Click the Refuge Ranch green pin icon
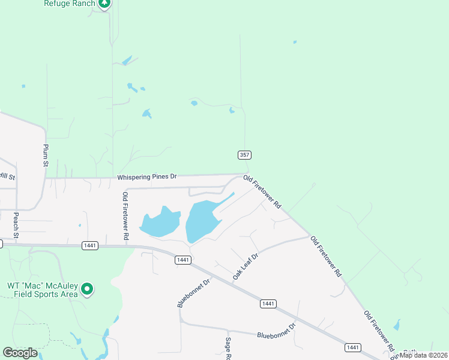[105, 4]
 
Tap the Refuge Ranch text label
[70, 3]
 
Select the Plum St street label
[45, 155]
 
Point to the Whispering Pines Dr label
[148, 177]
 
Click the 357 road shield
[244, 155]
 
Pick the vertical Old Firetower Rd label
[125, 216]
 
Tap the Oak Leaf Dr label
[245, 266]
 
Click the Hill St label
[7, 176]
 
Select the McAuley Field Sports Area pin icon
[88, 290]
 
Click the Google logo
[20, 353]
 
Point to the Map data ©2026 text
[424, 355]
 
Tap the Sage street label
[229, 348]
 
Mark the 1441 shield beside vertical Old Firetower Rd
[91, 245]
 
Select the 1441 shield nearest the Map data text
[353, 347]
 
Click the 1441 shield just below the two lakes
[183, 260]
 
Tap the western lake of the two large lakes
[159, 221]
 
